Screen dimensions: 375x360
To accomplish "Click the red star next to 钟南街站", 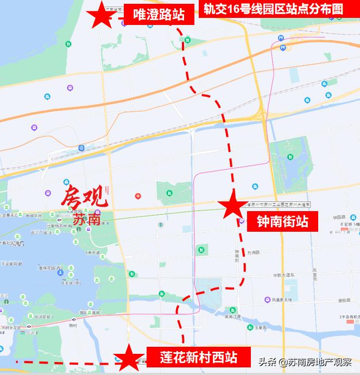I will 233,205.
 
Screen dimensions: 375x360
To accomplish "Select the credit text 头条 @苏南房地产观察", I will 305,362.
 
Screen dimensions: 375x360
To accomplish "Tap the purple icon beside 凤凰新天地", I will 267,300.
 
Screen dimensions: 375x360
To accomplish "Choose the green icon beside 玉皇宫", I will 251,327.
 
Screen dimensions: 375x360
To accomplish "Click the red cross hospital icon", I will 138,195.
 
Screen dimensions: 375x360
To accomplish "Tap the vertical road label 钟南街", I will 237,255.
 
